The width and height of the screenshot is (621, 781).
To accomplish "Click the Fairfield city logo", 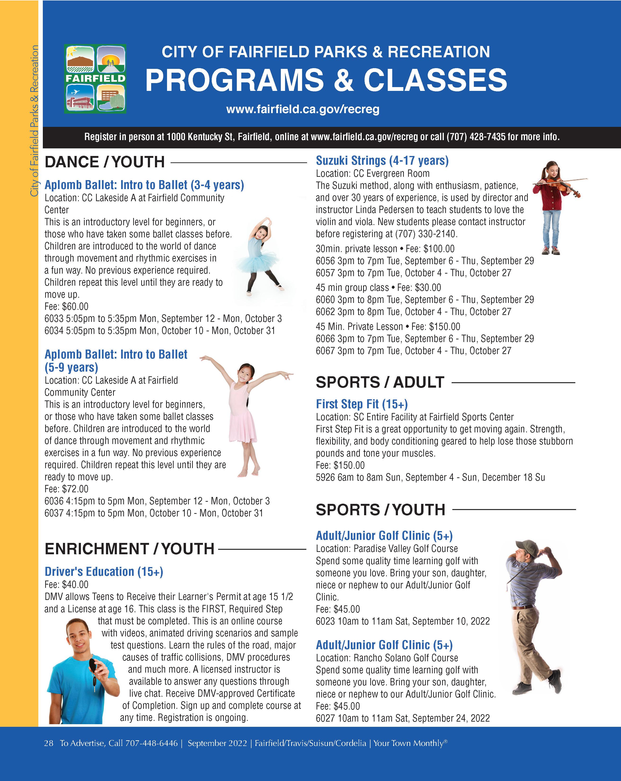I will click(95, 79).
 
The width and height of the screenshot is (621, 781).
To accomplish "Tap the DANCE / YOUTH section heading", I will click(105, 162).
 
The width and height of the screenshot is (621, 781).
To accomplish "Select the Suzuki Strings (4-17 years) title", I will click(382, 160).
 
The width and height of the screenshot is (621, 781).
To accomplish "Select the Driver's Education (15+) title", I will click(104, 572).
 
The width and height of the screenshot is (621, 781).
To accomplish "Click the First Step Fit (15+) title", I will click(362, 404).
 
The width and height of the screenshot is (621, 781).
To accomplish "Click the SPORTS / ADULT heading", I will click(380, 382).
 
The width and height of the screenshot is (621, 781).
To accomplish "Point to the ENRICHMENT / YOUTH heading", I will click(129, 549).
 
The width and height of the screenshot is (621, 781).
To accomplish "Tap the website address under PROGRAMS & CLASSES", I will click(303, 109).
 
